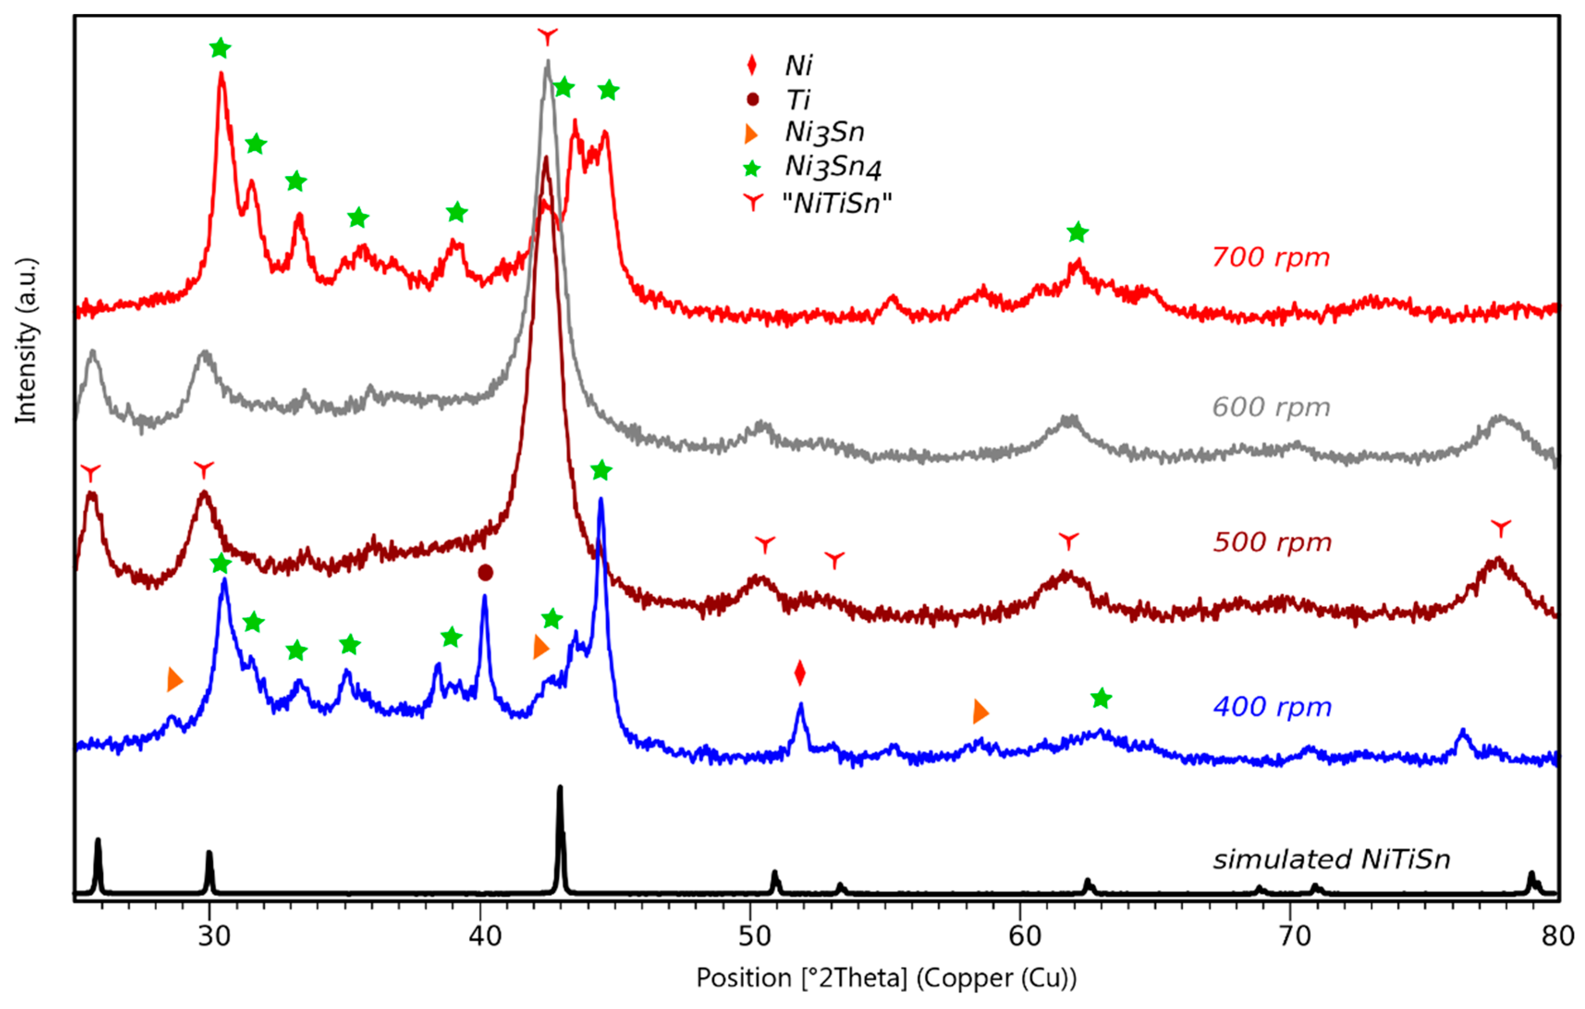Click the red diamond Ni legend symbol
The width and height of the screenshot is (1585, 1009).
point(752,65)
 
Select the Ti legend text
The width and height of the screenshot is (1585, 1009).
point(798,100)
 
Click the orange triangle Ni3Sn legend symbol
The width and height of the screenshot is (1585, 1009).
point(750,134)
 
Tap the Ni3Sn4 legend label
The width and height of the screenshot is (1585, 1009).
point(833,167)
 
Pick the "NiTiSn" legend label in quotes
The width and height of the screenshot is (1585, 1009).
point(836,203)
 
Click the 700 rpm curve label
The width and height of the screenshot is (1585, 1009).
point(1270,257)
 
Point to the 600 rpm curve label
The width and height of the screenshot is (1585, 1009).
point(1270,407)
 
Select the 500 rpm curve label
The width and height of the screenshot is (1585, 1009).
point(1272,542)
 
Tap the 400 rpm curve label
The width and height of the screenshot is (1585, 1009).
point(1272,708)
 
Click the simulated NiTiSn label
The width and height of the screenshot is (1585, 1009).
point(1331,860)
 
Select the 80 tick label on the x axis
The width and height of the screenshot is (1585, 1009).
point(1557,935)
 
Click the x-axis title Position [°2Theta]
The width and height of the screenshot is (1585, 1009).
point(886,979)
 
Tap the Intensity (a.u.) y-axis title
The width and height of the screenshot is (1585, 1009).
point(26,340)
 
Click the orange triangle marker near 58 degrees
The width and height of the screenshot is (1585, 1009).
point(980,711)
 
